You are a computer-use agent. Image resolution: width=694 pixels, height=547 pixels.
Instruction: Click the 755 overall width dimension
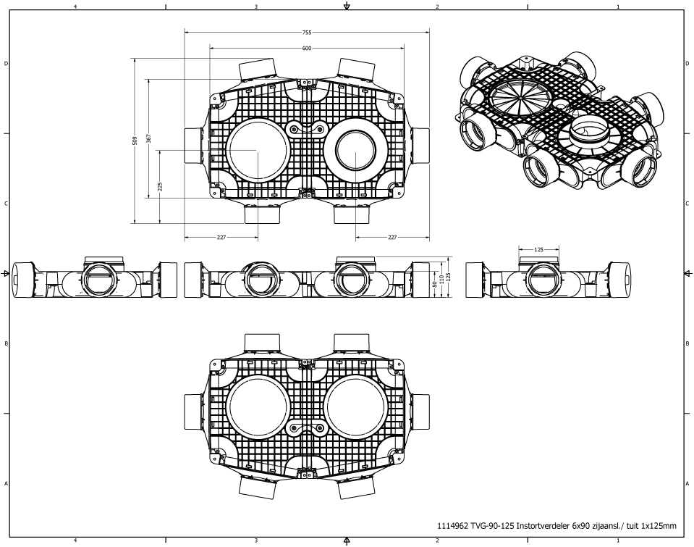[x=307, y=33]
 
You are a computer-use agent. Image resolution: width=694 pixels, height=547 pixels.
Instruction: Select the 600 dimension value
[x=307, y=48]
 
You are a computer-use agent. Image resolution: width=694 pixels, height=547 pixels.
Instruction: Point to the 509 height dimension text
[x=135, y=141]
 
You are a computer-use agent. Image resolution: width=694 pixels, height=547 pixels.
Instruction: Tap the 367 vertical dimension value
[x=148, y=138]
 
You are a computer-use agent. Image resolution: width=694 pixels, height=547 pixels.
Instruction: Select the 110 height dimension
[x=441, y=277]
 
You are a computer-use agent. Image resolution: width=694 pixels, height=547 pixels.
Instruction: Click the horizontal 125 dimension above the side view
[x=538, y=249]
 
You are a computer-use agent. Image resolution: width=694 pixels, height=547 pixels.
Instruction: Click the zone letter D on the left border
[x=7, y=64]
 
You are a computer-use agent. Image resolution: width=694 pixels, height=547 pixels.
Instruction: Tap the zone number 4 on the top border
[x=75, y=6]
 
